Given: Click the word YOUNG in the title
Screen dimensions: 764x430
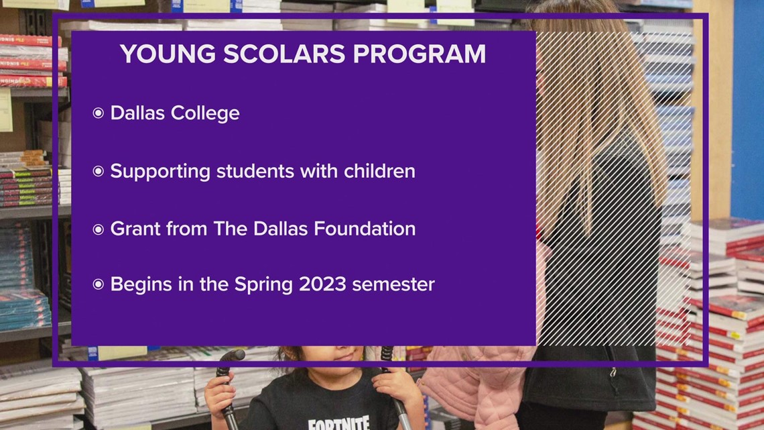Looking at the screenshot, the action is click(x=168, y=54).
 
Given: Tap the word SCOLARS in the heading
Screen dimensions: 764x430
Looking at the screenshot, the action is click(x=285, y=54).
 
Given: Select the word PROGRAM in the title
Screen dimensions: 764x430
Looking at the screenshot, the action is click(x=420, y=54).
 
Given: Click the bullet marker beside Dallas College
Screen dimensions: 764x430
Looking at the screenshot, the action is click(x=99, y=113).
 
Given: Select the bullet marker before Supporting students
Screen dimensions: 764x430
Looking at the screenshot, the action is click(x=99, y=171).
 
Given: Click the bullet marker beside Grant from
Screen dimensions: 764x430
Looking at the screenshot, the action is click(x=99, y=229).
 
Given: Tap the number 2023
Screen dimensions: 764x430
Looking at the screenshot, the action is click(x=322, y=284).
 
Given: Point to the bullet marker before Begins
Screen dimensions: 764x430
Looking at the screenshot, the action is click(x=99, y=284).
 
